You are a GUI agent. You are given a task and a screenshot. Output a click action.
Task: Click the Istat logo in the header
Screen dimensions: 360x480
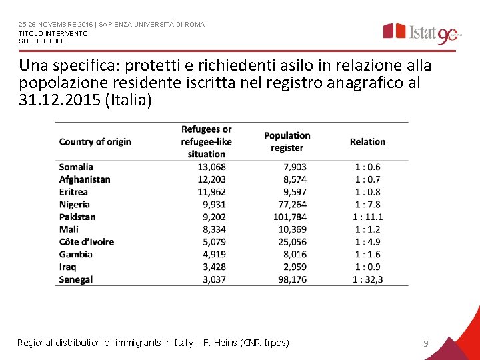click(420, 33)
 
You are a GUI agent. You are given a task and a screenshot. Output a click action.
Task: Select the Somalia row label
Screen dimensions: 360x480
click(76, 167)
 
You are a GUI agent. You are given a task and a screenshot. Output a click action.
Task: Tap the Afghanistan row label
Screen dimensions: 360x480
click(85, 179)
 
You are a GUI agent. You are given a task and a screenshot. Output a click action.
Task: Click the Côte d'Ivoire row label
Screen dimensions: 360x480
click(87, 242)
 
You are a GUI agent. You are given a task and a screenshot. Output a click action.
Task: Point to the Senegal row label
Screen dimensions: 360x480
click(76, 279)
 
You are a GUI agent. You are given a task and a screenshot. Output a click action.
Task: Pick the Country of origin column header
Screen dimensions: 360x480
click(95, 141)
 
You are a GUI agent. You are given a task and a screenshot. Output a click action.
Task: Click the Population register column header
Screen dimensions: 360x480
click(287, 141)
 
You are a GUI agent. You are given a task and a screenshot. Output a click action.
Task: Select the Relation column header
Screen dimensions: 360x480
click(368, 141)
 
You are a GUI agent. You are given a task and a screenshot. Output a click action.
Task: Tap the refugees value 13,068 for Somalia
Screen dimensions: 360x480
click(212, 167)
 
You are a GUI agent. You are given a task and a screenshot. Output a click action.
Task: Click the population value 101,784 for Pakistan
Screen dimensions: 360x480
click(290, 217)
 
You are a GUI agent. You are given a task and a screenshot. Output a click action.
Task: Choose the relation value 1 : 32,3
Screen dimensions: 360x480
click(368, 279)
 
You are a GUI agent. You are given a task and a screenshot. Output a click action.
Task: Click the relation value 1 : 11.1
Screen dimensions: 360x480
click(368, 217)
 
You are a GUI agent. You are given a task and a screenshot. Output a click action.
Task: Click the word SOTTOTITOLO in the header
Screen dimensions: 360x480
click(43, 41)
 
